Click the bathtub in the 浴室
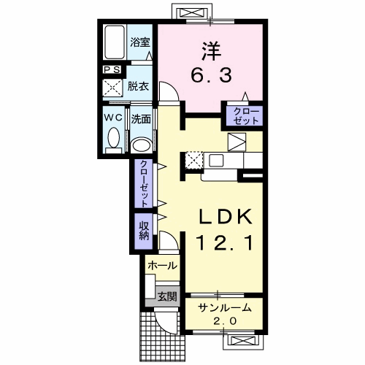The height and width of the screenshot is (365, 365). point(115,42)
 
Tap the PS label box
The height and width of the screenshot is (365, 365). point(112,70)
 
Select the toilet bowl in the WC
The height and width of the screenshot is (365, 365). point(114,138)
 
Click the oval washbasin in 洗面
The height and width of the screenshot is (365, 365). point(141,145)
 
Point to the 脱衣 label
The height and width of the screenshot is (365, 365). point(138,86)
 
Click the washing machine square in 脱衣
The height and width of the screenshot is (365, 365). point(112,88)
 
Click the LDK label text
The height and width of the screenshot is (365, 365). point(226,217)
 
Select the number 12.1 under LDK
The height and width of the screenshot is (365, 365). point(226,243)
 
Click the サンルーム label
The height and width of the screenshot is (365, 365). point(224,308)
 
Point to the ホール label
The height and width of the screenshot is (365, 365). point(162,266)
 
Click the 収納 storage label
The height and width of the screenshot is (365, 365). point(144,231)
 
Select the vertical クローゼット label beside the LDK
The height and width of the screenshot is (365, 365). point(144,183)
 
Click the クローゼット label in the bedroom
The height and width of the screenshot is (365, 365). point(246,116)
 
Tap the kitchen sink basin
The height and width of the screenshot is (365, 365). point(216,160)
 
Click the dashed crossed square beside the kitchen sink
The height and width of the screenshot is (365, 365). point(194,160)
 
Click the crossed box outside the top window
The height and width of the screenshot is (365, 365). point(191,12)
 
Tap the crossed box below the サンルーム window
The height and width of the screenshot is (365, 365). point(242,341)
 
